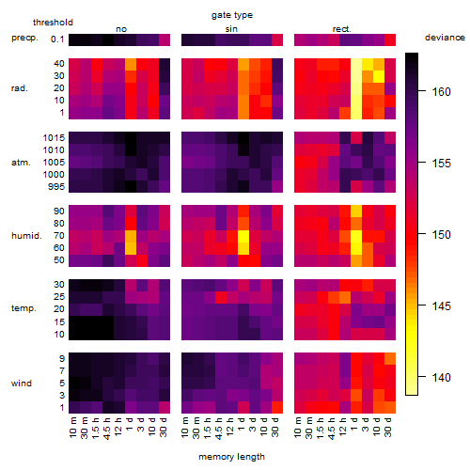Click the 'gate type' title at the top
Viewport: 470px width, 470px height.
click(x=232, y=15)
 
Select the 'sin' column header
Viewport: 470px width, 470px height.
click(x=231, y=29)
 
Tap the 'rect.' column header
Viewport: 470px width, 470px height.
click(x=341, y=29)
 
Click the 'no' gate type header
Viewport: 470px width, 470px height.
click(x=121, y=29)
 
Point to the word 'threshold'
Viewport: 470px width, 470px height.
click(x=53, y=23)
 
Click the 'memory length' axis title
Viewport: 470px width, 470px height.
click(x=231, y=457)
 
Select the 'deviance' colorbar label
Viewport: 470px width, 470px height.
click(x=445, y=38)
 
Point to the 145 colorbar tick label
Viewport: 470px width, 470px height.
click(x=441, y=305)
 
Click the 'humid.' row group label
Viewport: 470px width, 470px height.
click(x=26, y=235)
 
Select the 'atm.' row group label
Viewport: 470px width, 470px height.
click(x=21, y=163)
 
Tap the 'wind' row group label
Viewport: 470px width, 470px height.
click(x=22, y=383)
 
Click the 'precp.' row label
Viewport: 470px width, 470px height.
click(x=24, y=38)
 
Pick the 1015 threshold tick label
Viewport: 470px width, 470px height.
click(x=54, y=137)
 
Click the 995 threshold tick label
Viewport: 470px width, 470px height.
click(x=56, y=186)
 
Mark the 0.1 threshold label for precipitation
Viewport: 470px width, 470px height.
click(x=57, y=39)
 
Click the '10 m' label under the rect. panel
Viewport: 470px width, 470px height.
click(x=298, y=427)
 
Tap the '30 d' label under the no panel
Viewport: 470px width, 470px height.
click(x=163, y=427)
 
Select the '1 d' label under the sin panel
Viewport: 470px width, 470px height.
click(x=242, y=424)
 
